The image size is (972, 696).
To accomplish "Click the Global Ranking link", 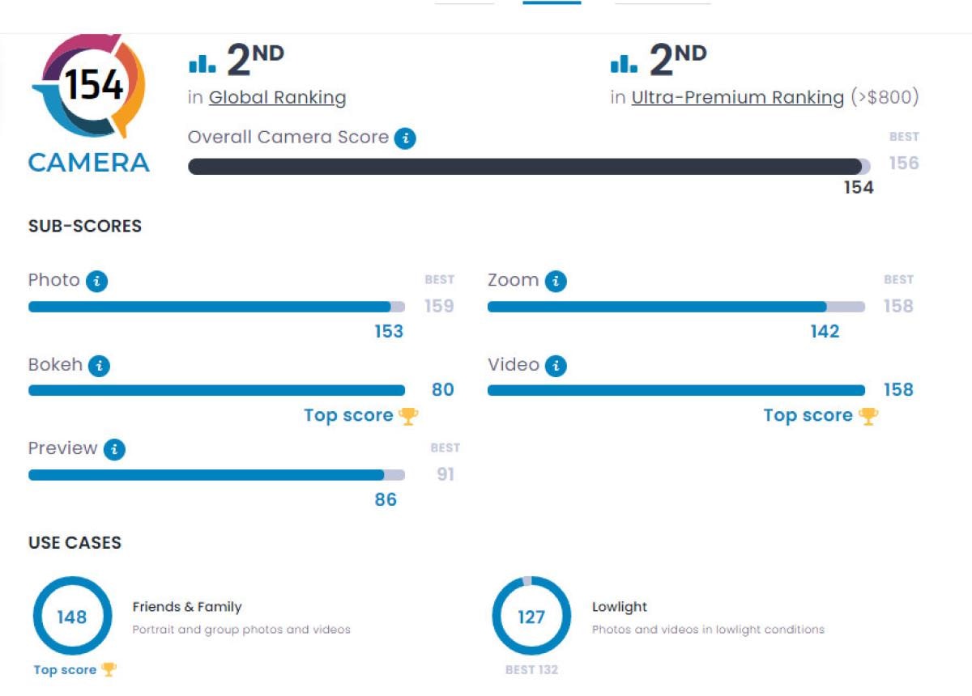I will (x=277, y=98).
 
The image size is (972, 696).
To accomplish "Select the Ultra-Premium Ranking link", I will (x=737, y=98).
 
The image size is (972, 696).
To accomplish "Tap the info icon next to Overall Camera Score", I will (x=405, y=138).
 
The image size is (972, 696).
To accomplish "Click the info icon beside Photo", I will (x=97, y=282).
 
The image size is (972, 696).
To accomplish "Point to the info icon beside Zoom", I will (x=556, y=282).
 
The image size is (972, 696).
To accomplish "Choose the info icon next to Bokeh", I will (x=99, y=366).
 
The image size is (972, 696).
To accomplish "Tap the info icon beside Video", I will (x=556, y=366).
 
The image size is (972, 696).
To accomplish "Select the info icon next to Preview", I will (x=114, y=450).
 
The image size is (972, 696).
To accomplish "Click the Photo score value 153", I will (x=389, y=332).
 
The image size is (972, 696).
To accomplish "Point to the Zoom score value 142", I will (x=825, y=332).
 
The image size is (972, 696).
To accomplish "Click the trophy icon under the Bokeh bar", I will (x=409, y=416).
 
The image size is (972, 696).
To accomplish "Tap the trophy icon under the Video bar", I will (x=868, y=416).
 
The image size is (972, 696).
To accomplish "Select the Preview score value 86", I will (x=386, y=500).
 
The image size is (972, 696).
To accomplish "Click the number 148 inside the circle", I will (x=72, y=617).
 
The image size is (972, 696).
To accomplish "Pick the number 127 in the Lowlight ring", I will (x=531, y=617).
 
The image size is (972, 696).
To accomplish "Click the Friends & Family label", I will (x=187, y=607).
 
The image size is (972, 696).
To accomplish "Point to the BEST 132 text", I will (x=531, y=670).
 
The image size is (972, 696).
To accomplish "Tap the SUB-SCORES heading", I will (x=85, y=227).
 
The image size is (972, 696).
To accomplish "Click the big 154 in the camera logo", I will (x=94, y=84).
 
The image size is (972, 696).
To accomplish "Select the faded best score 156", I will (x=904, y=163).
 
